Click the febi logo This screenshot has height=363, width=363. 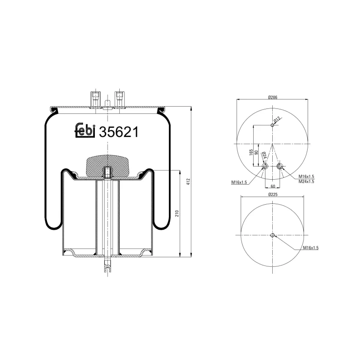pyautogui.click(x=84, y=130)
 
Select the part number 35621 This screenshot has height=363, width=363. pyautogui.click(x=118, y=132)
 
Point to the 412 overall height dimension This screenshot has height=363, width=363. pyautogui.click(x=187, y=181)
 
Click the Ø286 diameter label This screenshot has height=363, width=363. pyautogui.click(x=273, y=97)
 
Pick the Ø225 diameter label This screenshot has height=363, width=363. pyautogui.click(x=273, y=194)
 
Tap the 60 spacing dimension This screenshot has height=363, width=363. pyautogui.click(x=273, y=186)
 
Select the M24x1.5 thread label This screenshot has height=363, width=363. pyautogui.click(x=306, y=181)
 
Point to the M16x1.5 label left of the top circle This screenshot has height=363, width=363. pyautogui.click(x=239, y=182)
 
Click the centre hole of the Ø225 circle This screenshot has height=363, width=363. pyautogui.click(x=273, y=235)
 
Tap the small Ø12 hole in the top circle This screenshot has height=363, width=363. pyautogui.click(x=272, y=125)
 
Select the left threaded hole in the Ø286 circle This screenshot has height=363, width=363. pyautogui.click(x=265, y=167)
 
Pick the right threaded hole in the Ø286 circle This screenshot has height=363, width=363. pyautogui.click(x=280, y=167)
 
